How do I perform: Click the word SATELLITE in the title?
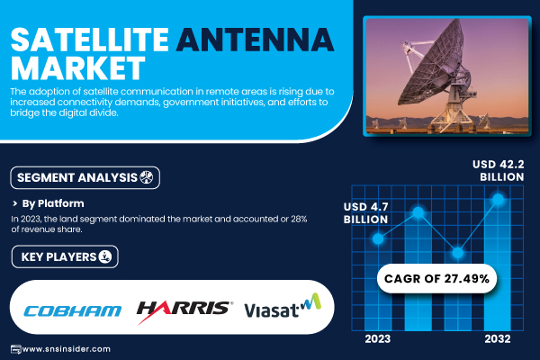89,40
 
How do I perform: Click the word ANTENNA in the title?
255,40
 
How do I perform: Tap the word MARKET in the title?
77,67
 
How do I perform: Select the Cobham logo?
73,310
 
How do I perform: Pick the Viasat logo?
283,306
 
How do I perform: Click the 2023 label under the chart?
378,339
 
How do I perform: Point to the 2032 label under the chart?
498,339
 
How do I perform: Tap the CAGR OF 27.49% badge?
436,278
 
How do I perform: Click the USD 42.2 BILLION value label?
499,170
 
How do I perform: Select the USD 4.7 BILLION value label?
365,213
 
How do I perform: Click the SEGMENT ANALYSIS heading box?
85,178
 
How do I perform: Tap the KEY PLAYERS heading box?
65,256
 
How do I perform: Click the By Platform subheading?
53,203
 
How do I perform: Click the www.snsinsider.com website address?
66,349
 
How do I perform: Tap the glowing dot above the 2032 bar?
498,199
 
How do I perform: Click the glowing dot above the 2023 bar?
378,238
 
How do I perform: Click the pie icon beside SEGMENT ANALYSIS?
147,177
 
